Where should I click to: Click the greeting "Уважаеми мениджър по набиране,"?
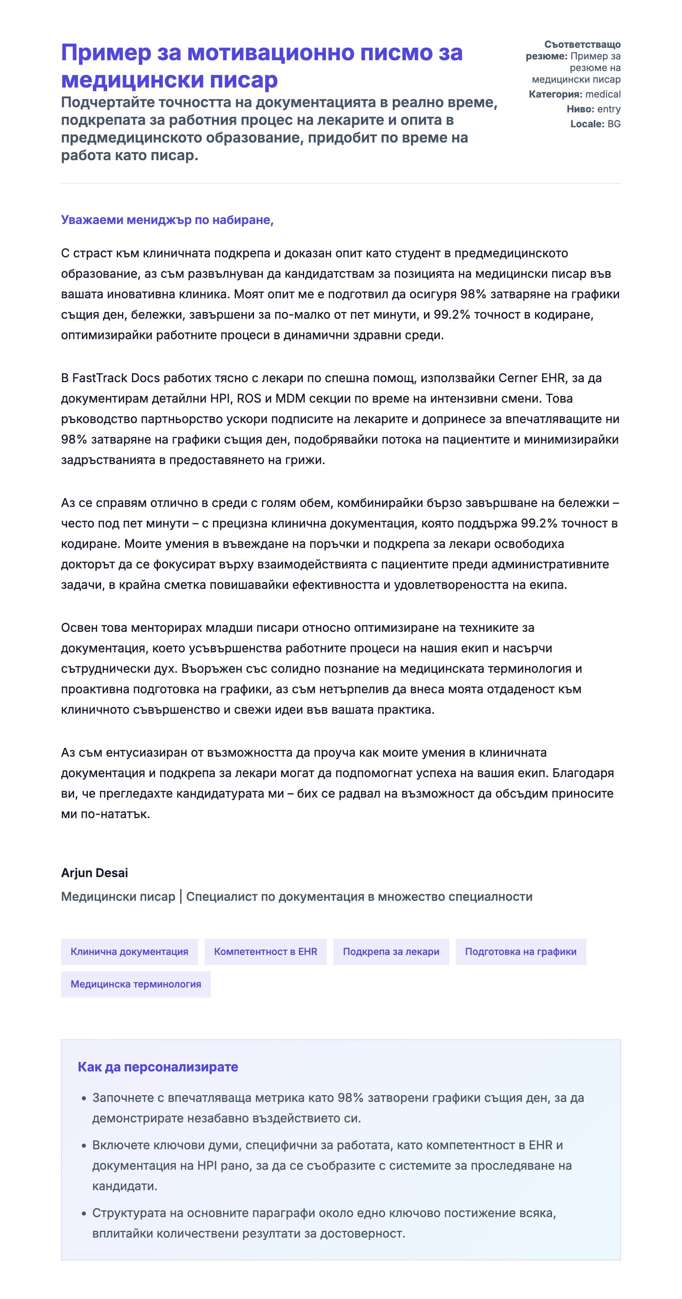pos(167,220)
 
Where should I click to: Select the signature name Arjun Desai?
pos(94,873)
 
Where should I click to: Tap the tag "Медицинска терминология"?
pos(136,984)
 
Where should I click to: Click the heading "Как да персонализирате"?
pos(158,1067)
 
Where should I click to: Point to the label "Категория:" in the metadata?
pos(555,94)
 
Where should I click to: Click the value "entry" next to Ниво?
pos(609,109)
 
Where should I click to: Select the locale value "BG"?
pos(613,124)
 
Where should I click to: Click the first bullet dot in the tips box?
pos(84,1098)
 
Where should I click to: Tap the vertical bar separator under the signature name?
pos(181,897)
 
